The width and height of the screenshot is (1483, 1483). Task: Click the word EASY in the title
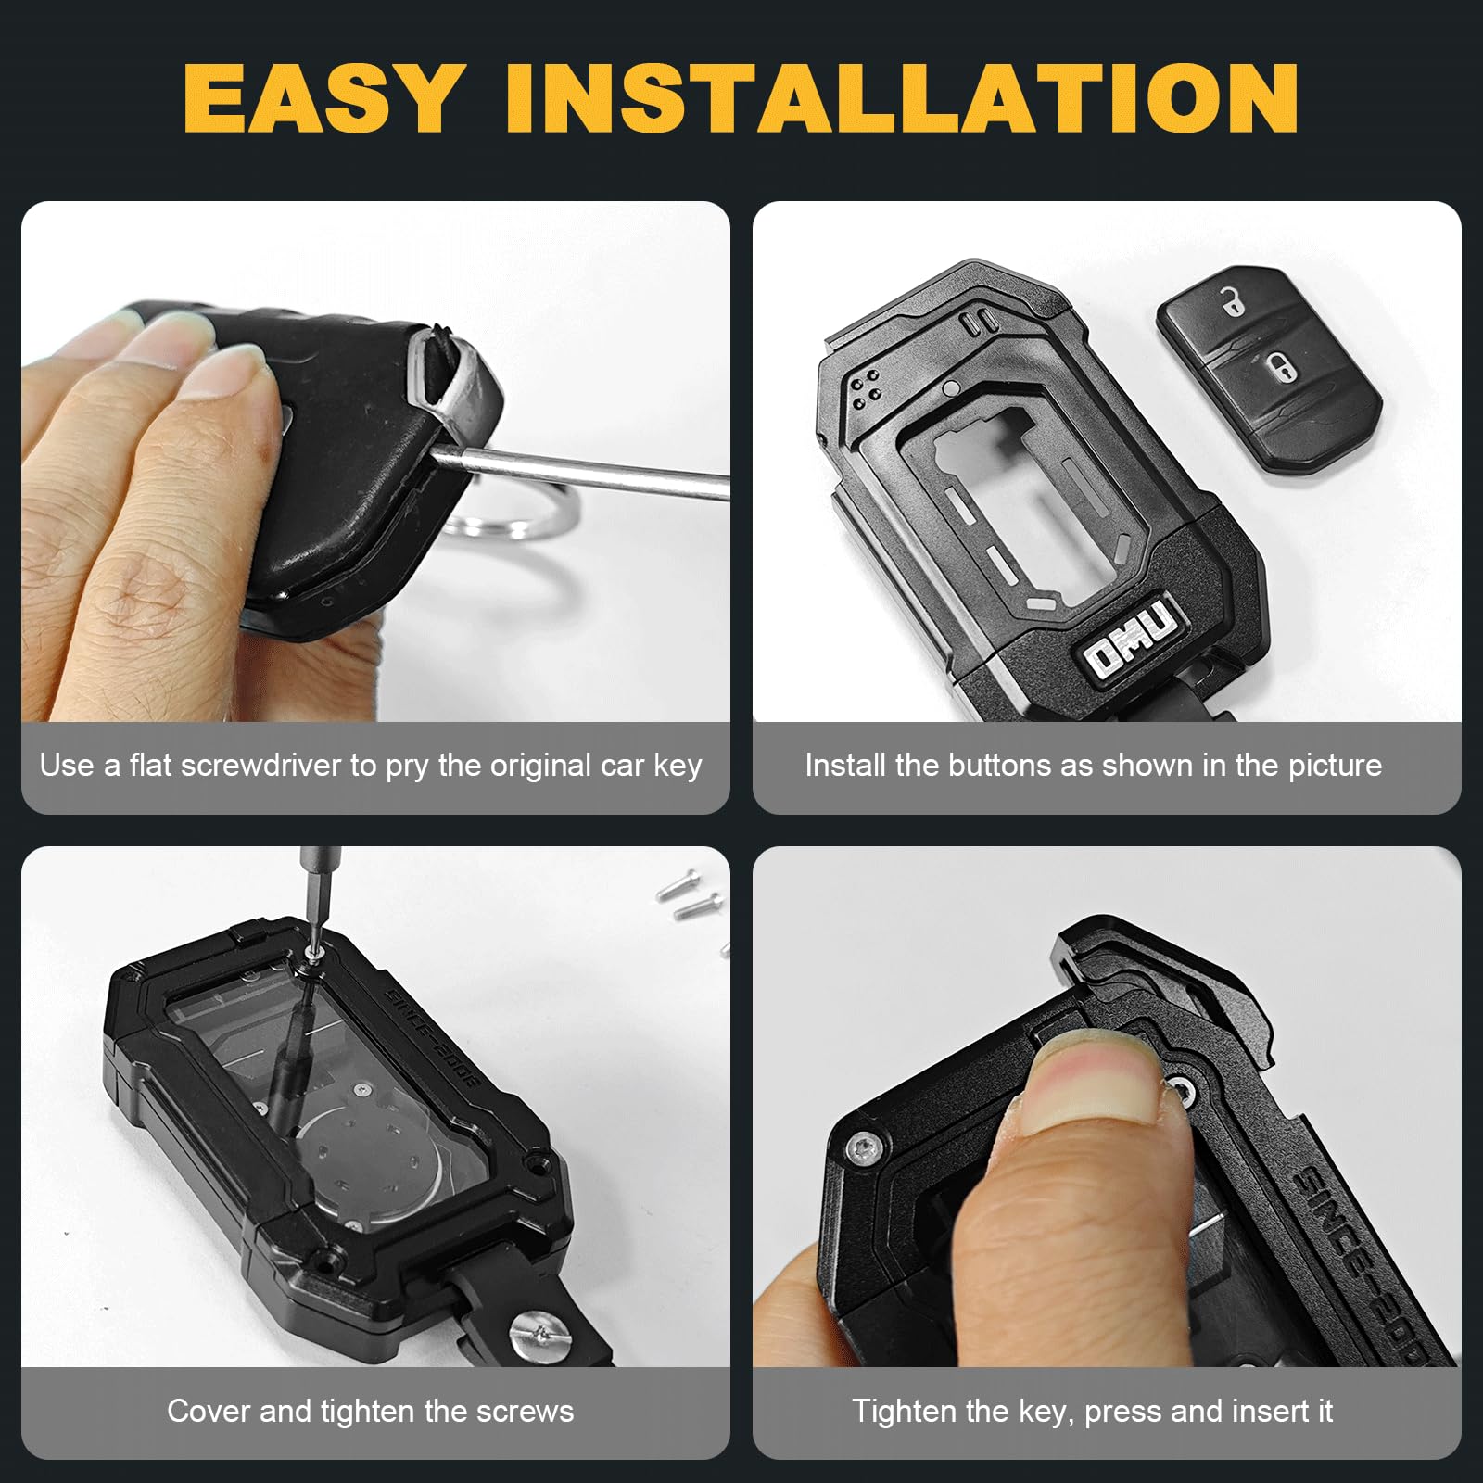pos(321,97)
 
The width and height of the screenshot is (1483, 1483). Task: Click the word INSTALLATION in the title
pos(902,97)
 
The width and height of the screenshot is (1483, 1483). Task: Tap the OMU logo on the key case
pos(1132,639)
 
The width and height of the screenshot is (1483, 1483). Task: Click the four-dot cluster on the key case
pos(866,387)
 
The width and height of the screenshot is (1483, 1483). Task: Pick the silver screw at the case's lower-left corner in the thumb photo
pos(861,1149)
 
